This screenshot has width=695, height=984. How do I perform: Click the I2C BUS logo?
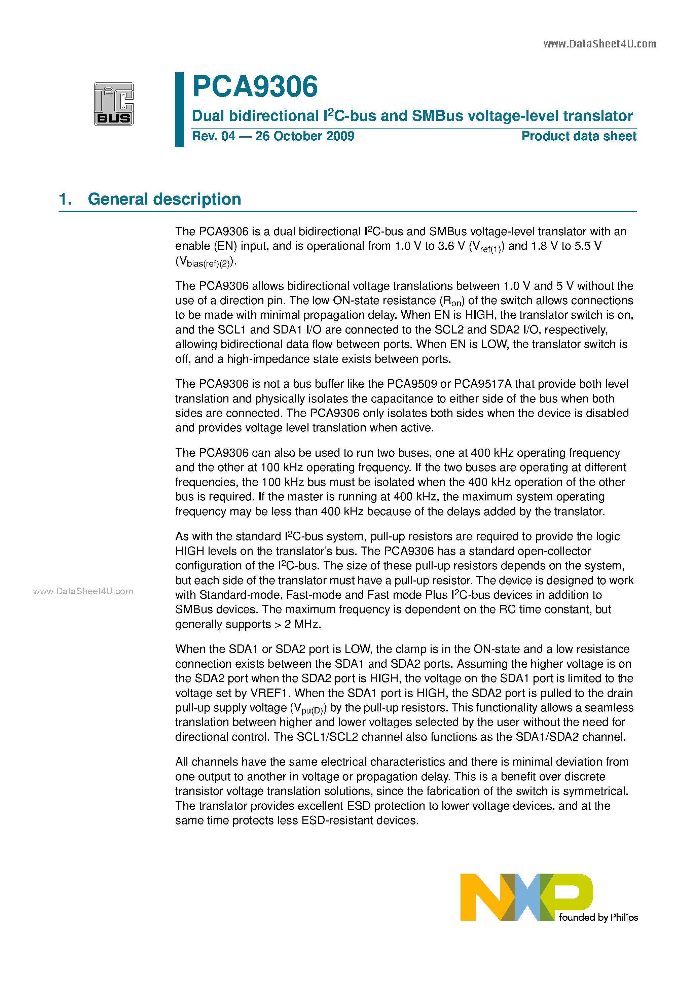[114, 104]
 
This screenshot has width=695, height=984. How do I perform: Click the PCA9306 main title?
[255, 86]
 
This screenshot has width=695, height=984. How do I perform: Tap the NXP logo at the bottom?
[526, 897]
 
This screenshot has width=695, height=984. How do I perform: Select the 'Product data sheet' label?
[579, 136]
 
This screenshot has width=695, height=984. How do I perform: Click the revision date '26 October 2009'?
[305, 136]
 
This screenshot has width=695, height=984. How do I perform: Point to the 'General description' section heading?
[164, 199]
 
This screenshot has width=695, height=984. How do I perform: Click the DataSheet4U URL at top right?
[599, 44]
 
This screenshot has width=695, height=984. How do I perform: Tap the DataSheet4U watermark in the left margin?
[83, 591]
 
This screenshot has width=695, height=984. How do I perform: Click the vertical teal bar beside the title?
[179, 109]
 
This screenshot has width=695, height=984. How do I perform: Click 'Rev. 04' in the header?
[213, 136]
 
